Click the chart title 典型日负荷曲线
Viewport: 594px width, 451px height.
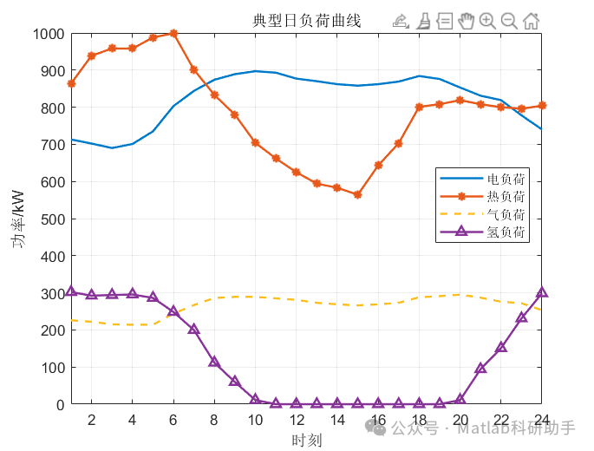306,21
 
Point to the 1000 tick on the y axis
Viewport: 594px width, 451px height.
48,34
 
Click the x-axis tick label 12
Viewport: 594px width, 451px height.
297,421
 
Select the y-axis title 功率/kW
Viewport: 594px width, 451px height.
19,219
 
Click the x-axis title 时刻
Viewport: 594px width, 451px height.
306,441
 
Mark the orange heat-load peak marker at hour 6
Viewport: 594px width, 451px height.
173,34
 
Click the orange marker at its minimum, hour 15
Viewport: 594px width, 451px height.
357,195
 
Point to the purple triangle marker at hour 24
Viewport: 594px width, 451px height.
541,293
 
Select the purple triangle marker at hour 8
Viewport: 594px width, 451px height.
214,362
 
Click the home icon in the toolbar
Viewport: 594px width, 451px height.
531,21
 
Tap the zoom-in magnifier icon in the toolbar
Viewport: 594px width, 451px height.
487,21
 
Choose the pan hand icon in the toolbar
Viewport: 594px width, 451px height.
466,21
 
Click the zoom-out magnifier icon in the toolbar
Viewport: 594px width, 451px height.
509,21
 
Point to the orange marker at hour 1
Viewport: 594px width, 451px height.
71,84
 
